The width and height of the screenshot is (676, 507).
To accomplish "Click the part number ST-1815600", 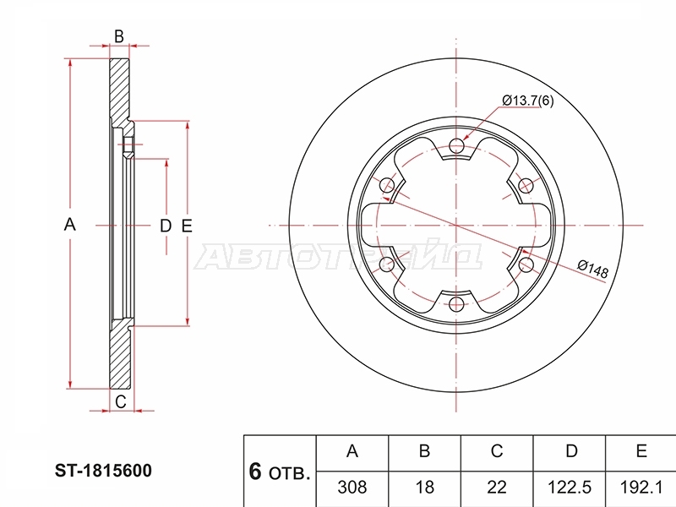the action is [103, 471].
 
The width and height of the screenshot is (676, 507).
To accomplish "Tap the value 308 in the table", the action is [352, 488].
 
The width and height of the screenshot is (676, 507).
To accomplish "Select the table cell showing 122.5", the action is [569, 488].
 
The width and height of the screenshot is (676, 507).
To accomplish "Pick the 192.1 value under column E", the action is [641, 488].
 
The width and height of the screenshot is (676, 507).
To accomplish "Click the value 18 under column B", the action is [425, 488].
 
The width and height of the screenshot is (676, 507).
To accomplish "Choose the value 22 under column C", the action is [497, 488].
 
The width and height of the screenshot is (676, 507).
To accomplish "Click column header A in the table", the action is [352, 451].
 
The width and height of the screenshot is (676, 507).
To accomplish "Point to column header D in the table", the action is [571, 451].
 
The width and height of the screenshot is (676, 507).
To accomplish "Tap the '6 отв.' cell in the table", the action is [280, 472].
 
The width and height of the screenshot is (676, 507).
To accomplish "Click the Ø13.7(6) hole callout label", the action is [527, 101].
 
